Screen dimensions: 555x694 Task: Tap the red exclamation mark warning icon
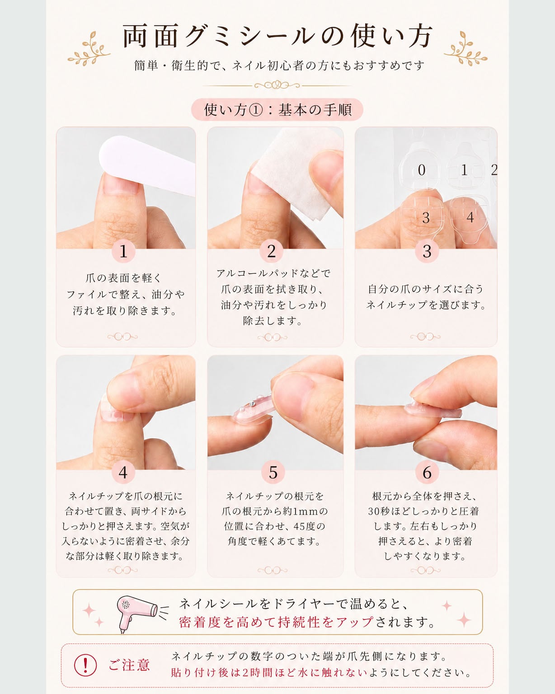85,665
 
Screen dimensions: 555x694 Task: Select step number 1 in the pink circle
123,251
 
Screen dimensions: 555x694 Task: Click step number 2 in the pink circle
271,251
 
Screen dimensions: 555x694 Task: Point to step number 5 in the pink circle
273,473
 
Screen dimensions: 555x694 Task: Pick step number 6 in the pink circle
427,473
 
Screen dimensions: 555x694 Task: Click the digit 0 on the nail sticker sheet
421,170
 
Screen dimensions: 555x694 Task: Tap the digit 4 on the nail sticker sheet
470,217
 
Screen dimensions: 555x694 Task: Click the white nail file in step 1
147,164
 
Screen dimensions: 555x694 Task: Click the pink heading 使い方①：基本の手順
277,110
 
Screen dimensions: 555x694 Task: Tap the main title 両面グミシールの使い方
277,36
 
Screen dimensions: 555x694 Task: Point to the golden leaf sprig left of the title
89,48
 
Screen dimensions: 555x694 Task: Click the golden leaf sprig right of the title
466,48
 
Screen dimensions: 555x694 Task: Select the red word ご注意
129,665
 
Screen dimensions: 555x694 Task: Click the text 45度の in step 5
309,526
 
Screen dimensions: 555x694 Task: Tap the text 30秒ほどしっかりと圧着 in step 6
423,511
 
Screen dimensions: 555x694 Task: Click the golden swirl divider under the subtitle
277,85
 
